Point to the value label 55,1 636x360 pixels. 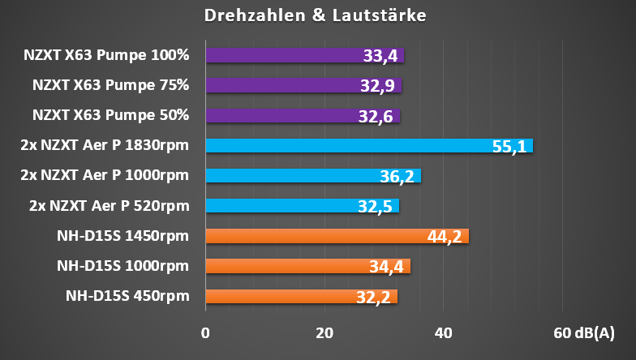coord(509,147)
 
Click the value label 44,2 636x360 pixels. coord(445,237)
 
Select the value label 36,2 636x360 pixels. coord(397,177)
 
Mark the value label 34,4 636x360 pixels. coord(386,267)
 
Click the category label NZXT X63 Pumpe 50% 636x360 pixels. coord(110,115)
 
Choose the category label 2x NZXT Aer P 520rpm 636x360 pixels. coord(105,206)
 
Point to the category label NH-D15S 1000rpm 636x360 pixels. coord(122,266)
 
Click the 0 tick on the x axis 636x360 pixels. coord(206,333)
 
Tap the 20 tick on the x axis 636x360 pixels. coord(324,333)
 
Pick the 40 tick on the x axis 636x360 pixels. coord(443,333)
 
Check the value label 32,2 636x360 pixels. coord(373,298)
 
